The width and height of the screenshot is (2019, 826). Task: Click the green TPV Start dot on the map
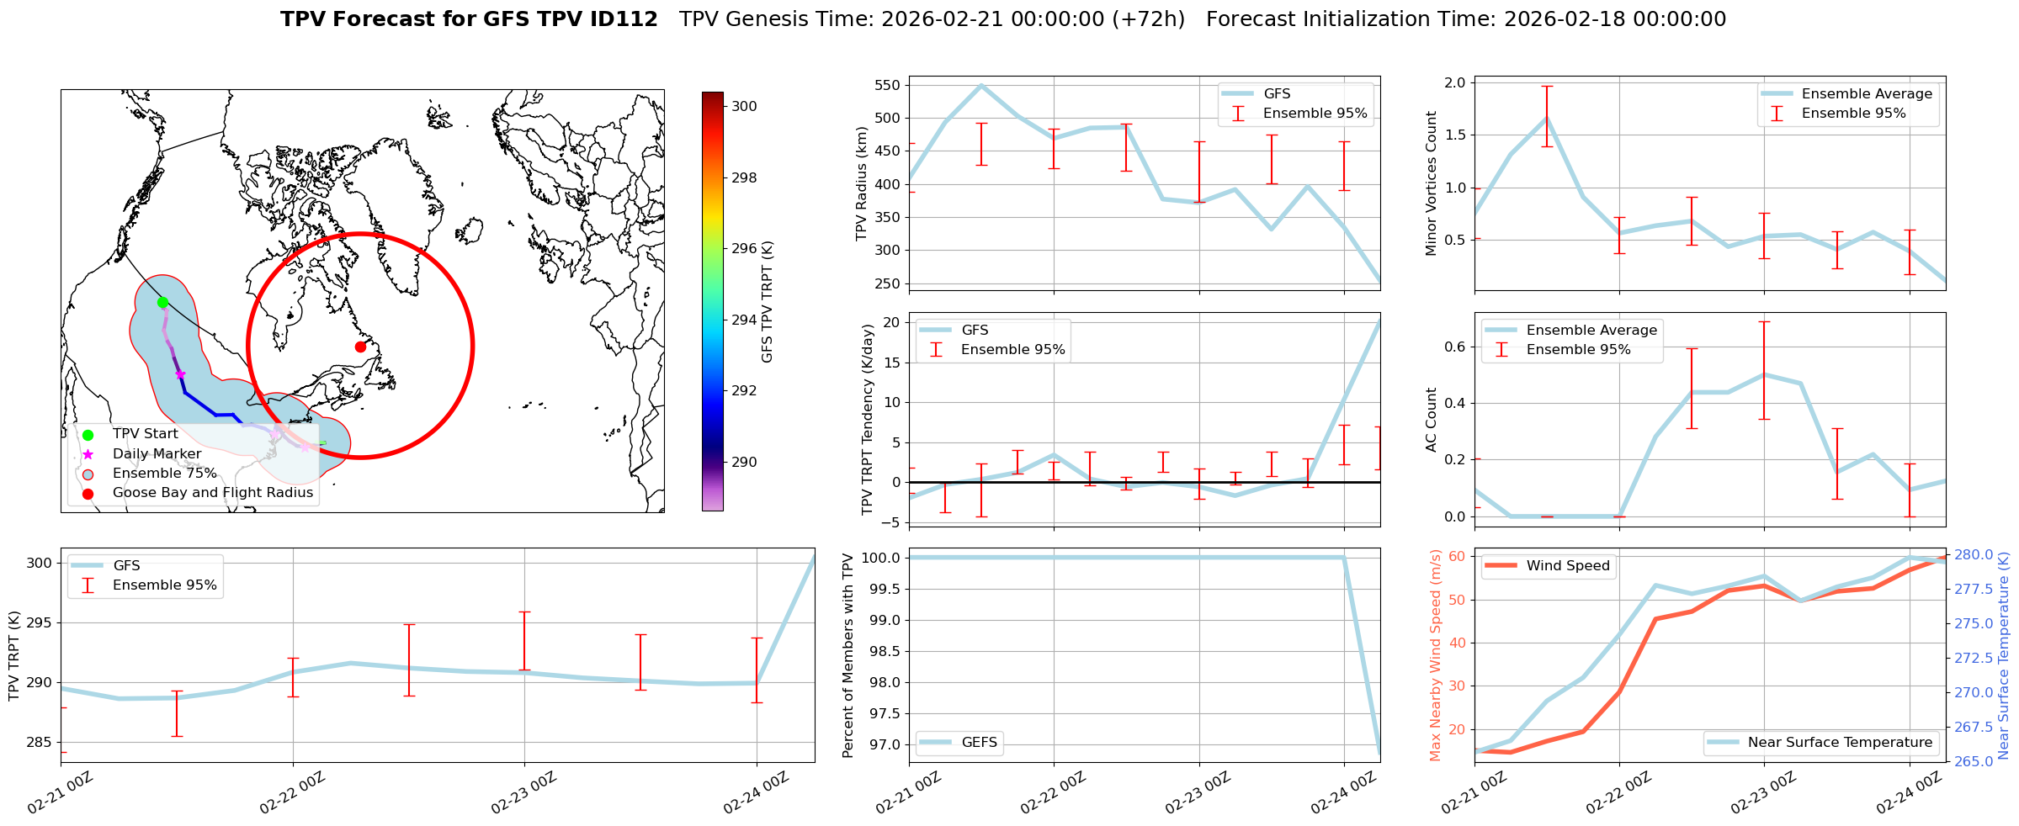click(162, 302)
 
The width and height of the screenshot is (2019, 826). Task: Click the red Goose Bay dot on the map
click(360, 347)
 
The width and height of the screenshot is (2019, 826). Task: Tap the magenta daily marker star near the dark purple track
click(179, 374)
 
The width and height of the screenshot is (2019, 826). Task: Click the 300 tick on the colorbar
click(744, 106)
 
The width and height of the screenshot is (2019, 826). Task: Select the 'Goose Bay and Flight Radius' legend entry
click(212, 493)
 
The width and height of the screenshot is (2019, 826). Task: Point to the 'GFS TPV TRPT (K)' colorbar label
click(767, 302)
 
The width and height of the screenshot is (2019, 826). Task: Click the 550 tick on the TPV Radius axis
click(888, 85)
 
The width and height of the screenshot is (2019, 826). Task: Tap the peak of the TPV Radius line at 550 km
click(981, 85)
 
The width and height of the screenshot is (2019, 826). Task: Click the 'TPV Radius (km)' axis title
click(861, 183)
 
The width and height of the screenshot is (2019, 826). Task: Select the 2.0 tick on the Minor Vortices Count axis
click(1454, 82)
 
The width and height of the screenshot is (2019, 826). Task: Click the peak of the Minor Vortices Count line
click(1547, 119)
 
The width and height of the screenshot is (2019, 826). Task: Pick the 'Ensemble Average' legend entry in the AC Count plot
click(1591, 330)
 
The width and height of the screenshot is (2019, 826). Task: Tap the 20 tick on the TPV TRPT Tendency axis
click(891, 322)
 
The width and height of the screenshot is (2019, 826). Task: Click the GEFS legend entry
click(979, 742)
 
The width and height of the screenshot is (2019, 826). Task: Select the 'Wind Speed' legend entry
click(1567, 565)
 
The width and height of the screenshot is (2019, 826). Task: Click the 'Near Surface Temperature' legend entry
click(1839, 742)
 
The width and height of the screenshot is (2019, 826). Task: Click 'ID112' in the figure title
click(624, 19)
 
